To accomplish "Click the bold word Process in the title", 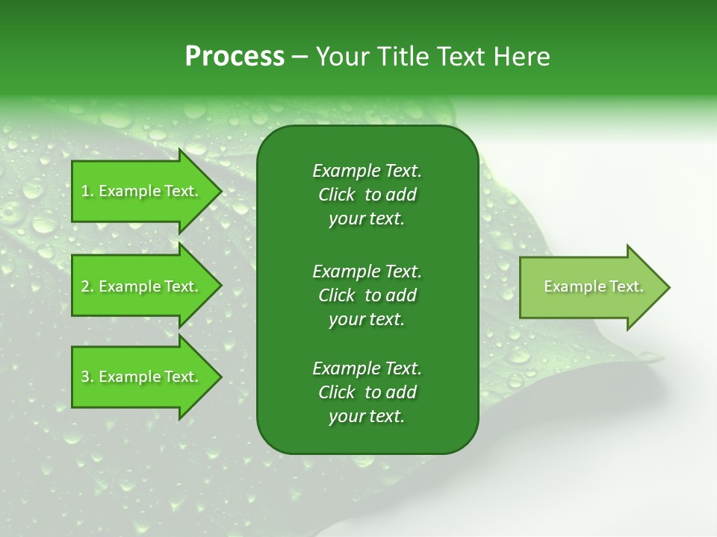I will point(235,57).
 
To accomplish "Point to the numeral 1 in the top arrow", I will point(85,191).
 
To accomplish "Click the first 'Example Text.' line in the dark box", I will point(367,171).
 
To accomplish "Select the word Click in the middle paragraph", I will point(336,295).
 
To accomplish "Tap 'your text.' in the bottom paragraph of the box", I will point(367,417).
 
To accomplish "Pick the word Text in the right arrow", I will point(626,286).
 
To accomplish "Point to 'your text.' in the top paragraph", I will point(367,219).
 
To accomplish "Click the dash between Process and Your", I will point(299,57).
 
